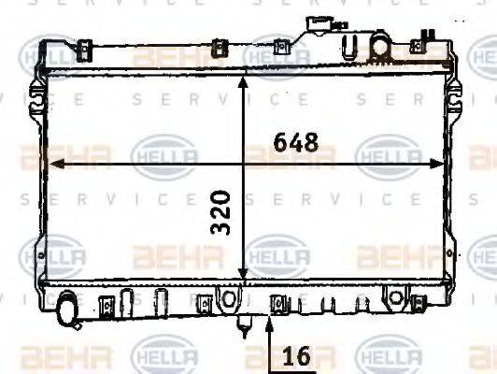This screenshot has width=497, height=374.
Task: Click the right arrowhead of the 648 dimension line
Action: click(x=442, y=164)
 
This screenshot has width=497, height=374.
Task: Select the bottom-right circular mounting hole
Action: click(x=396, y=297)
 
